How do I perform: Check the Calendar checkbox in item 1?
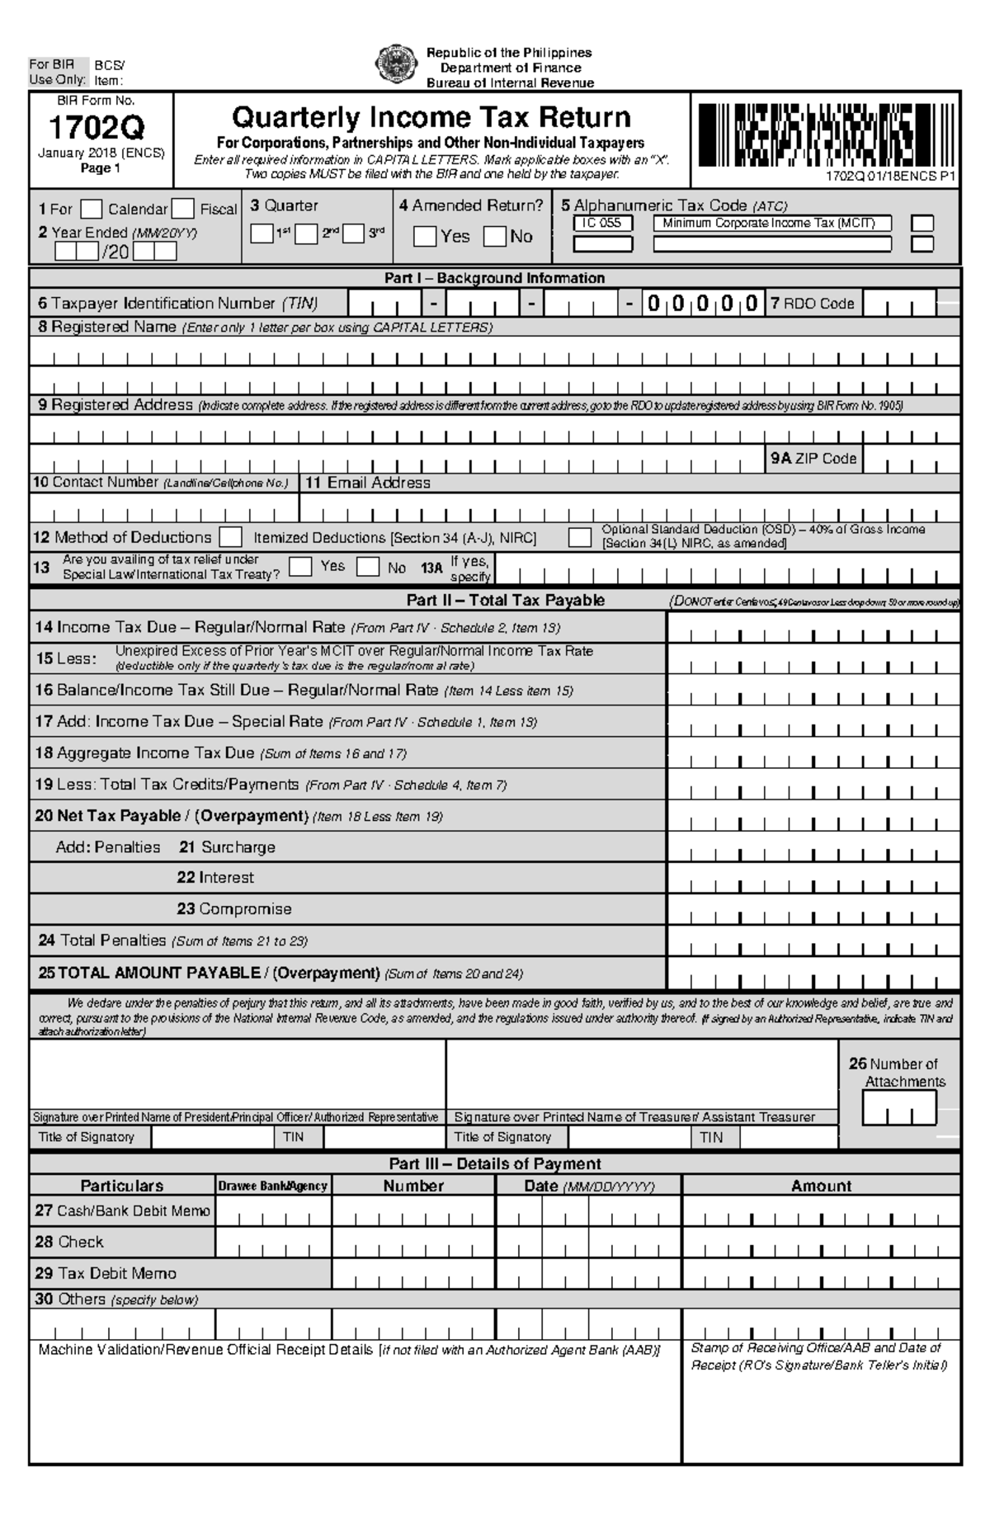[92, 210]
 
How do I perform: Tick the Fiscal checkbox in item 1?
[183, 210]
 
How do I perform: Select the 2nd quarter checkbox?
[306, 234]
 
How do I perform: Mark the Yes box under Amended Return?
[425, 237]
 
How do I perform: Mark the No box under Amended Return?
[495, 237]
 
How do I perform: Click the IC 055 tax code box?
[603, 224]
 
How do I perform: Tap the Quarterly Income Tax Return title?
[431, 117]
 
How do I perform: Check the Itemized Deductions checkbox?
[231, 538]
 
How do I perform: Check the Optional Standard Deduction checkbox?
[580, 538]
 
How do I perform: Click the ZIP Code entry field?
[911, 460]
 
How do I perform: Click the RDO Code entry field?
[900, 304]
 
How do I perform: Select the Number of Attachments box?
[899, 1108]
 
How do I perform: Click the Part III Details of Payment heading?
[495, 1164]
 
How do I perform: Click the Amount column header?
[821, 1186]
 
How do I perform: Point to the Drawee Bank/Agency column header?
[273, 1186]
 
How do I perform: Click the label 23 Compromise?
[234, 909]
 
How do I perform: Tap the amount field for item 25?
[813, 974]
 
